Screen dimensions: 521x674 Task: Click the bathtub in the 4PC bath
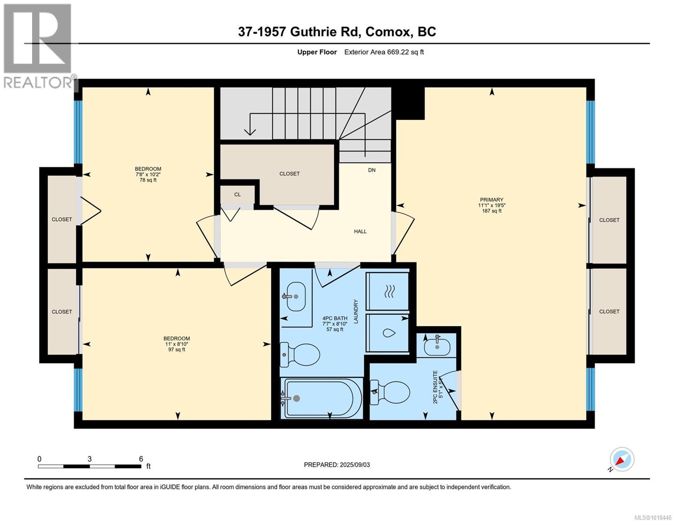point(321,398)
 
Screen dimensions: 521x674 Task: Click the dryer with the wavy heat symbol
point(388,291)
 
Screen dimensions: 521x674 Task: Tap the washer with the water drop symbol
point(388,333)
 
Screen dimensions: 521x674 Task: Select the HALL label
point(360,231)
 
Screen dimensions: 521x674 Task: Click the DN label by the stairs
point(372,170)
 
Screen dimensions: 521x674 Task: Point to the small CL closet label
point(237,195)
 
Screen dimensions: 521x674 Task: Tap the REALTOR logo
point(38,46)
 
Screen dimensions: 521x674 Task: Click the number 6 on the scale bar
point(141,458)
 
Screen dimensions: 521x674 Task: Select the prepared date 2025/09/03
point(337,465)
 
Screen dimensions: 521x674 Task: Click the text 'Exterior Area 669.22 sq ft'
point(384,52)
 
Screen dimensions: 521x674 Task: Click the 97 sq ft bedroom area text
point(176,350)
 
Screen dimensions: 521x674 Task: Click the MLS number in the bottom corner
point(654,517)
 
